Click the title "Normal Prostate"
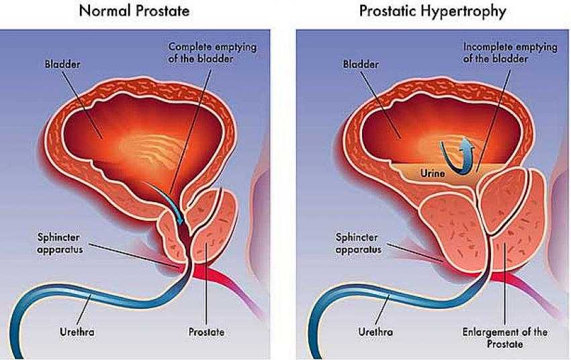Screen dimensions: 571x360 pos(134,11)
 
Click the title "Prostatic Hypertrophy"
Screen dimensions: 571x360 pos(433,11)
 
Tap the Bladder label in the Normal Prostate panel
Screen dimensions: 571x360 pos(62,64)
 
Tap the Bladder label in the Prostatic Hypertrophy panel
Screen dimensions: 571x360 pos(361,64)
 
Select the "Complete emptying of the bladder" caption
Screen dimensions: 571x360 pos(212,53)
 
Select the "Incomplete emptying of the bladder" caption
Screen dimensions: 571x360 pos(510,53)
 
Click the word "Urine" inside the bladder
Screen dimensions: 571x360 pos(433,173)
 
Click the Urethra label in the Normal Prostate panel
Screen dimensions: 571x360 pos(77,332)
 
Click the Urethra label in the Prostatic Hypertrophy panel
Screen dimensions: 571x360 pos(376,332)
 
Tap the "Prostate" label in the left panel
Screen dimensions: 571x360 pos(206,332)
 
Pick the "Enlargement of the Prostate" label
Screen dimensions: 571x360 pos(504,338)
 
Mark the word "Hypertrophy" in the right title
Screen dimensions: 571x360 pos(464,11)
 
